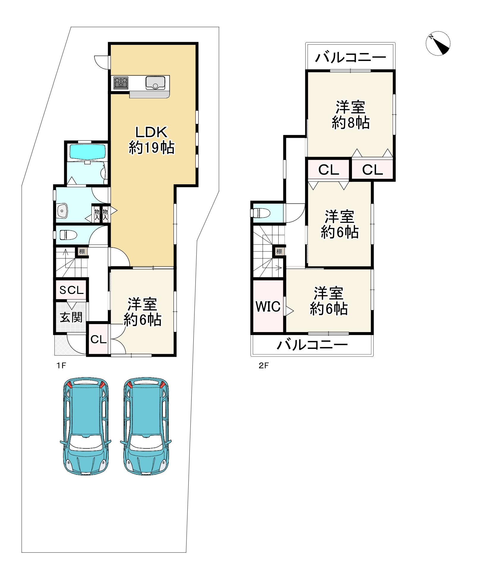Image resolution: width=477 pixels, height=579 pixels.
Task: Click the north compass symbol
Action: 438,43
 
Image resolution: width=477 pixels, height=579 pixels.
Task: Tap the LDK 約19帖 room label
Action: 151,140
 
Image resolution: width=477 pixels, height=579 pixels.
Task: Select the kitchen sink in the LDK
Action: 155,83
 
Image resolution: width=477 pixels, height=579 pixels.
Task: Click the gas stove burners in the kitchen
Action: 121,83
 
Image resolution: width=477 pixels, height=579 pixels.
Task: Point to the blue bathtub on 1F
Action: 88,152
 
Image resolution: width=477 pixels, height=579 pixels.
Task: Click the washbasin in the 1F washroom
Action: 62,211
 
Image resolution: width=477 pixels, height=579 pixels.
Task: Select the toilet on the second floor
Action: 261,213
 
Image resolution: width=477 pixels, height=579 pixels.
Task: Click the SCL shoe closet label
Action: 71,290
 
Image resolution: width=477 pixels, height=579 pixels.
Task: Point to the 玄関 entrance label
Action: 71,318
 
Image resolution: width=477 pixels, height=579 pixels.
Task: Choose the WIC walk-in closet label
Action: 268,307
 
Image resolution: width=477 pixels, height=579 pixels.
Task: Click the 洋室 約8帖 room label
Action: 350,115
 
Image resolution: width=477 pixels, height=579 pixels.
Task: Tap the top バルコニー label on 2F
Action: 350,57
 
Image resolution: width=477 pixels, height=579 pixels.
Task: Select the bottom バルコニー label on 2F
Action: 312,345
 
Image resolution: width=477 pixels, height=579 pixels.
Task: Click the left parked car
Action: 86,426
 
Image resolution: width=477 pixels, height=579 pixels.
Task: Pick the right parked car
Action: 146,426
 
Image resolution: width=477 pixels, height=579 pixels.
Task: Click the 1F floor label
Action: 61,366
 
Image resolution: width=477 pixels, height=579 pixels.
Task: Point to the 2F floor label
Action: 263,366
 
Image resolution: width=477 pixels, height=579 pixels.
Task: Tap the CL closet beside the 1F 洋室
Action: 98,339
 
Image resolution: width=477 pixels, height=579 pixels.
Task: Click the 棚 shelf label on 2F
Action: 279,252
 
